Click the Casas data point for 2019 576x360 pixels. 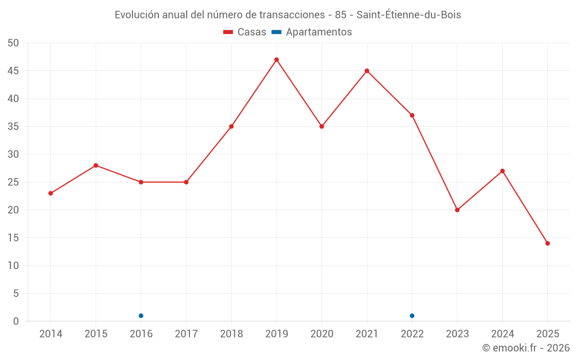276,60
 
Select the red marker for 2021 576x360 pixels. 367,71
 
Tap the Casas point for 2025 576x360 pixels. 547,243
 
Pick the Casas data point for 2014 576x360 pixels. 51,193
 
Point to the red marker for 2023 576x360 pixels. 457,210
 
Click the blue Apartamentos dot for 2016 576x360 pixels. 141,316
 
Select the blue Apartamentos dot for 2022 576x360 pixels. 412,316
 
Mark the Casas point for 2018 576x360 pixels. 232,127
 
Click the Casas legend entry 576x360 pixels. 245,32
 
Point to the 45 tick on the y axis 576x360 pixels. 13,71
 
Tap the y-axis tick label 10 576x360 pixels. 13,266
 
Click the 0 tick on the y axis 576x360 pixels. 16,321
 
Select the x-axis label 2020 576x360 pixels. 321,334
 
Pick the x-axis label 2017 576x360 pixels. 186,334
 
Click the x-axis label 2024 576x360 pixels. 502,334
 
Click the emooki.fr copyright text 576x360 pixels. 526,348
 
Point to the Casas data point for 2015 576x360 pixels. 96,165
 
